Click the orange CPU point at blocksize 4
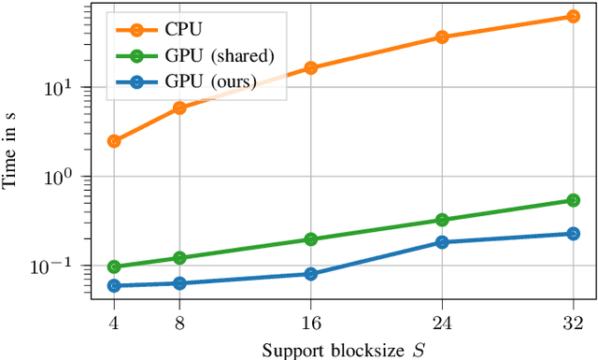(x=114, y=141)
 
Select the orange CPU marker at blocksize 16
(x=311, y=68)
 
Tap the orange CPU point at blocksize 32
(x=574, y=17)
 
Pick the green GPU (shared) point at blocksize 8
(x=179, y=258)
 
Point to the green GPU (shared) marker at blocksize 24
(x=442, y=221)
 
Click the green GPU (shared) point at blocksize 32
(x=574, y=200)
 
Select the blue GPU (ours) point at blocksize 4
(x=114, y=286)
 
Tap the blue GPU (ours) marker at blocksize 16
(x=311, y=274)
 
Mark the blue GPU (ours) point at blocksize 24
(x=442, y=242)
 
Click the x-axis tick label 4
(x=114, y=322)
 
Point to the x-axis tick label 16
(x=311, y=322)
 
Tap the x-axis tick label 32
(x=574, y=322)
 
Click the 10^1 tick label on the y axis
(x=69, y=88)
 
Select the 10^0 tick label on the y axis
(x=69, y=177)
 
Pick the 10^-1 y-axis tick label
(x=66, y=266)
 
